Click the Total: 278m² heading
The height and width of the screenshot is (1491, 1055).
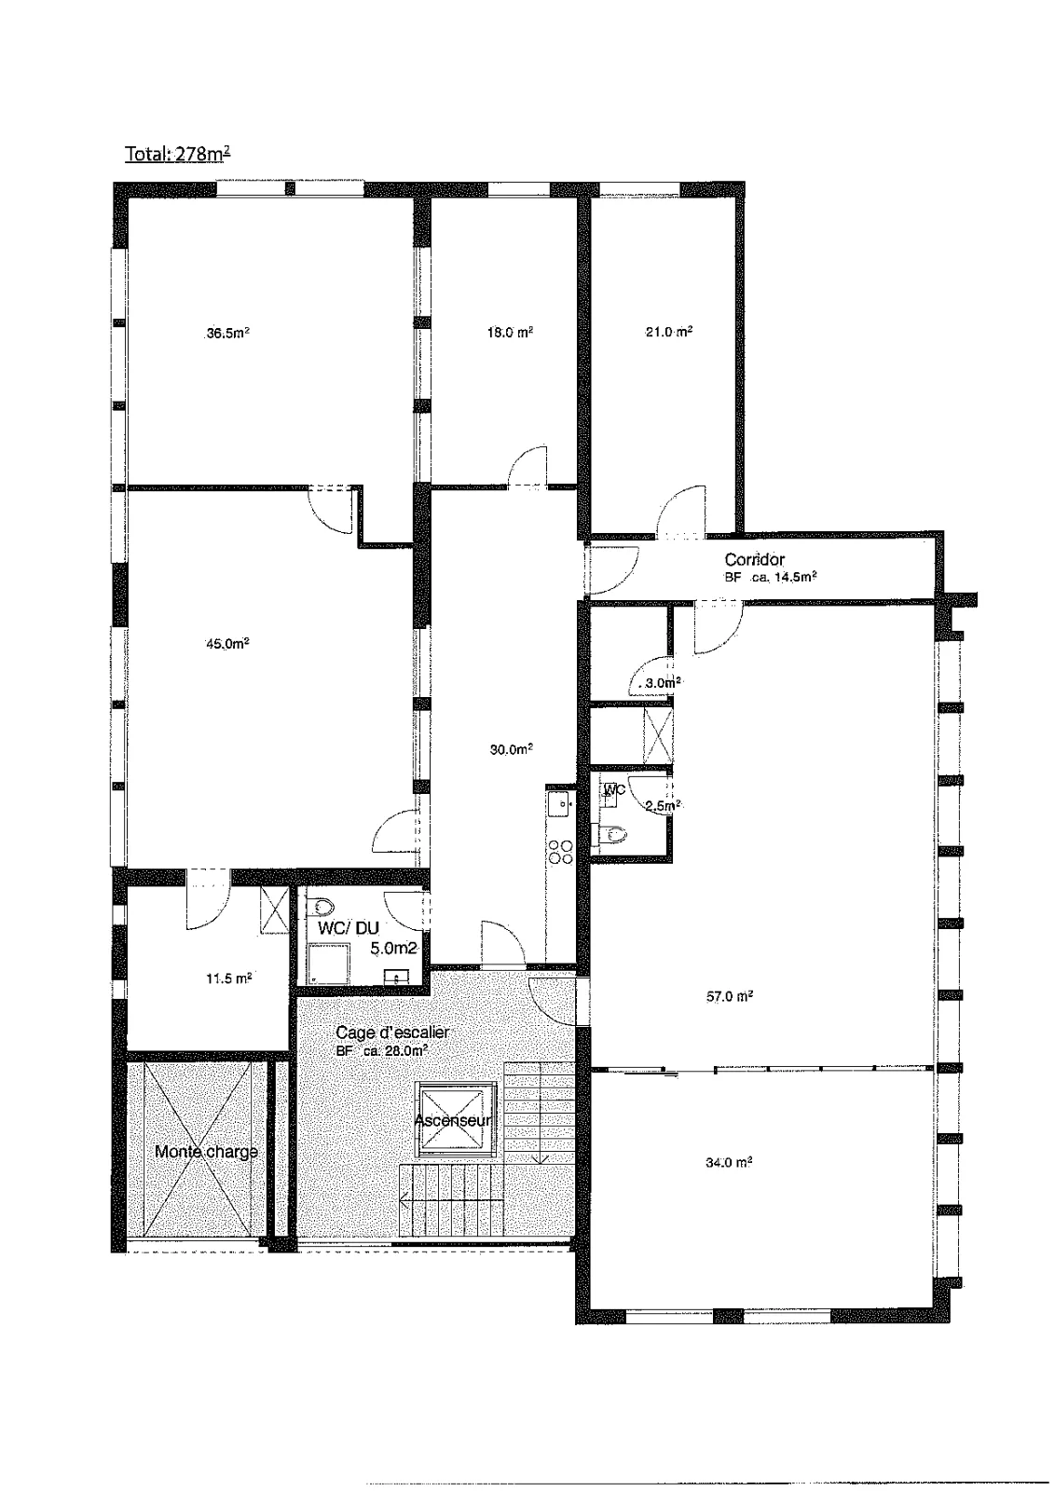[x=178, y=154]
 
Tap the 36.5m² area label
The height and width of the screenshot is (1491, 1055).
[x=227, y=333]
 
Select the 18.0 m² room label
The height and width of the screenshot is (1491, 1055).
[x=511, y=332]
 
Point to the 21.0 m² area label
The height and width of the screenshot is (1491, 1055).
[x=669, y=332]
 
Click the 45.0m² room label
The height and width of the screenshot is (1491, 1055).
[x=227, y=643]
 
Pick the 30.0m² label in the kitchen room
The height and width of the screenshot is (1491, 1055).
[x=512, y=749]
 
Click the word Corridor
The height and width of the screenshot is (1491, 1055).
[x=755, y=560]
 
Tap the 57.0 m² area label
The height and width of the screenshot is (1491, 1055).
[x=729, y=996]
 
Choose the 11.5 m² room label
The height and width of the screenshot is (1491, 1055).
[x=229, y=978]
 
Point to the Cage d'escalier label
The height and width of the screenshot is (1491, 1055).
[x=392, y=1033]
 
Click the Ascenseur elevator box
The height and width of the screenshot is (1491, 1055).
[x=456, y=1119]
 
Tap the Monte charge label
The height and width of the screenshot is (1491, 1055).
[x=206, y=1152]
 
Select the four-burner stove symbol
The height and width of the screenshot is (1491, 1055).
[x=560, y=852]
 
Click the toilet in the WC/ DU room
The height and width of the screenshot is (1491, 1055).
[x=322, y=906]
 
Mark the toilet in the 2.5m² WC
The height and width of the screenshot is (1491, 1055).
[x=611, y=833]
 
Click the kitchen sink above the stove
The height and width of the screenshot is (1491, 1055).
[x=560, y=802]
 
